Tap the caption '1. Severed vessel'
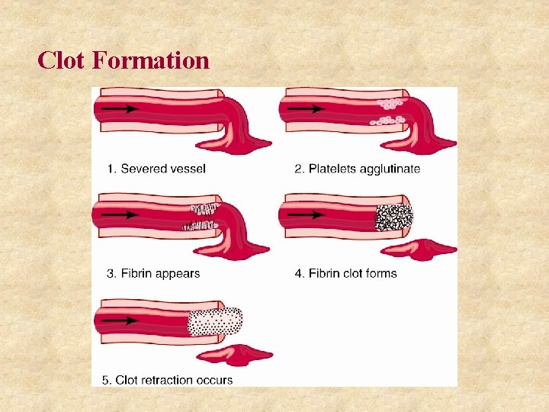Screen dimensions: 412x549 click(157, 169)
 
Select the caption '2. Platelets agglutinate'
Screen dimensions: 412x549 click(357, 169)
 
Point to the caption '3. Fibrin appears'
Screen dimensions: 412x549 click(154, 273)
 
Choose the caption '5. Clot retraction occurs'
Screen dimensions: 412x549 click(168, 379)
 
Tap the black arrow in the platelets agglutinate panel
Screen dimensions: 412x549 click(310, 109)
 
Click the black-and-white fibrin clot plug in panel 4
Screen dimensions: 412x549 click(393, 217)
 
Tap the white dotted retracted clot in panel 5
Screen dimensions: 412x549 click(215, 322)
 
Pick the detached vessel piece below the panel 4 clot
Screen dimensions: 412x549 click(418, 249)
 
